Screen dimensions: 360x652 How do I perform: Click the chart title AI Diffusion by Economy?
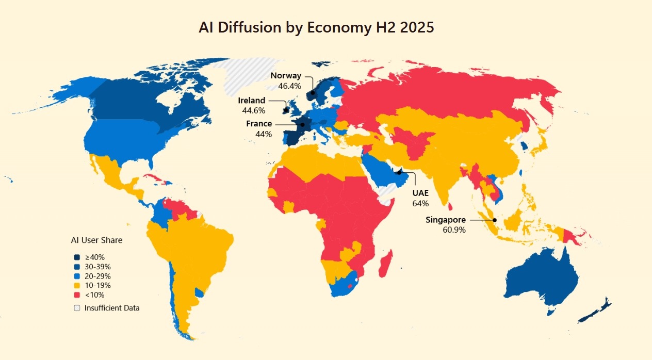[x=316, y=27]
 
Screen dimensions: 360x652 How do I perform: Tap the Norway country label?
[x=286, y=76]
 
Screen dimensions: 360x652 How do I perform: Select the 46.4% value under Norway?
[x=289, y=86]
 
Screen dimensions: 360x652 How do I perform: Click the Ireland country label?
[x=252, y=101]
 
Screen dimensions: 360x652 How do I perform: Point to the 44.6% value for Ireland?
[x=253, y=110]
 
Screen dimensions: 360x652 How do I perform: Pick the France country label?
[x=259, y=124]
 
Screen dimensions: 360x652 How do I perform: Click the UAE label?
[x=420, y=193]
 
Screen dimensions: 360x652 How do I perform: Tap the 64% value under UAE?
[x=420, y=203]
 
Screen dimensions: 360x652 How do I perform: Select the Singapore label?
[x=446, y=220]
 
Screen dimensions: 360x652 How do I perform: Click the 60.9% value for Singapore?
[x=454, y=230]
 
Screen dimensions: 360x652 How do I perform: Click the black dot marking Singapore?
[x=495, y=220]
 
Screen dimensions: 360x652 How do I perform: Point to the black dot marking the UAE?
[x=399, y=172]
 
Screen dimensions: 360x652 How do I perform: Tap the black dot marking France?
[x=303, y=124]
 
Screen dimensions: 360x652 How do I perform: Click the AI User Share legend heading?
[x=96, y=240]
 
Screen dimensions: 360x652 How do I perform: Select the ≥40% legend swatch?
[x=77, y=257]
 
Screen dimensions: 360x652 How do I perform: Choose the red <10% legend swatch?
[x=77, y=295]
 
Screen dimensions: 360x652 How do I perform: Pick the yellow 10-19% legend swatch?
[x=77, y=285]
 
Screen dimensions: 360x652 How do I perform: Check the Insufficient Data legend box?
[x=77, y=308]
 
